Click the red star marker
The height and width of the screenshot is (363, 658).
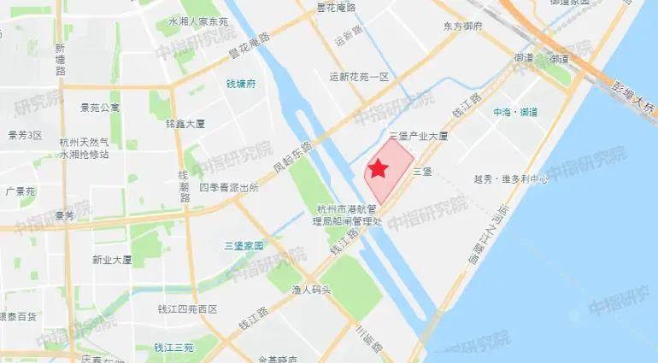coord(378,169)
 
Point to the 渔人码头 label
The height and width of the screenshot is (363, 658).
coord(310,290)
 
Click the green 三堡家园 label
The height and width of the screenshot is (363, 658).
coord(244,245)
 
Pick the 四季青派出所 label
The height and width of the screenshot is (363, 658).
coord(228,187)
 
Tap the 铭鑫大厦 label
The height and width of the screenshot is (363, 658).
coord(185,123)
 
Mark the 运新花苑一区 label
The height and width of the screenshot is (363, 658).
coord(359,77)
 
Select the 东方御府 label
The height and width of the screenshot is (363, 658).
coord(463,26)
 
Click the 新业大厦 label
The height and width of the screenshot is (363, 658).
coord(112,260)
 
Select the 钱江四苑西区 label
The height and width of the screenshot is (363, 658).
coord(188,309)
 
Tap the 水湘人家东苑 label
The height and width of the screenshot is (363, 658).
coord(198,21)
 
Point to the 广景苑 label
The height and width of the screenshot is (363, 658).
coord(20,191)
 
